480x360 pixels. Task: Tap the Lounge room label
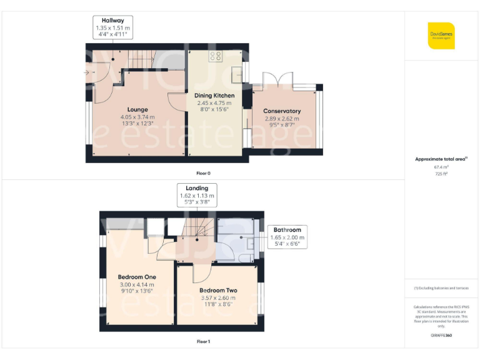click(137, 110)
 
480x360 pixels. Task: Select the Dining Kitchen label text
click(214, 96)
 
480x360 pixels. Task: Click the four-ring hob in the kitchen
click(216, 56)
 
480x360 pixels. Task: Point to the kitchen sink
click(237, 74)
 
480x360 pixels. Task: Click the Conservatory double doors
click(271, 79)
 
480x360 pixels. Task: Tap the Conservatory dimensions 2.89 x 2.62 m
click(281, 119)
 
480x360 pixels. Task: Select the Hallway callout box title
click(113, 21)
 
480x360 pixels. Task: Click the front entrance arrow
click(85, 72)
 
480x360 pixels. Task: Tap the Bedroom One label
click(137, 277)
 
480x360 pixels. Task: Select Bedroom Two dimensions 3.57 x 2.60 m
click(218, 298)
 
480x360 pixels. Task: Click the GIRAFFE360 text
click(441, 336)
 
